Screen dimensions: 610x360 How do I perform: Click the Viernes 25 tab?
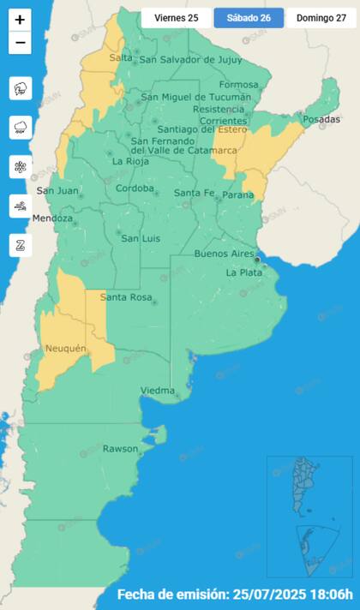coord(176,18)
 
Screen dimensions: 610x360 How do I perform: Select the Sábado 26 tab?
coord(249,18)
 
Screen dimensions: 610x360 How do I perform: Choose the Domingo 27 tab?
coord(321,18)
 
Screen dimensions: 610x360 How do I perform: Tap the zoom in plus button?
coord(20,19)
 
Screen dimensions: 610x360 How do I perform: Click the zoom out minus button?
coord(20,42)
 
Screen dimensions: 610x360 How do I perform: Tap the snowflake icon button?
coord(21,166)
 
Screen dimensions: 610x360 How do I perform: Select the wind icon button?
coord(21,206)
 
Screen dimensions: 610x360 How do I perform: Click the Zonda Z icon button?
coord(21,245)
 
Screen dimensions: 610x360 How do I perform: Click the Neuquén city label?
coord(65,349)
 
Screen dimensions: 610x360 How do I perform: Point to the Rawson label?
coord(120,449)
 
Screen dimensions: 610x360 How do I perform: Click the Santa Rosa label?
coord(126,297)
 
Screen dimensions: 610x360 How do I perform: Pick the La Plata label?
coord(243,272)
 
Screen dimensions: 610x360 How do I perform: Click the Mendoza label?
coord(51,218)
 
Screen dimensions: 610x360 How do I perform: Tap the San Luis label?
coord(137,238)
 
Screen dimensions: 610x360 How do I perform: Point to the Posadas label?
coord(321,119)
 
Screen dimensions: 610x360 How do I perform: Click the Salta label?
coord(120,57)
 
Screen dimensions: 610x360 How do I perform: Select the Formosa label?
coord(238,85)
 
